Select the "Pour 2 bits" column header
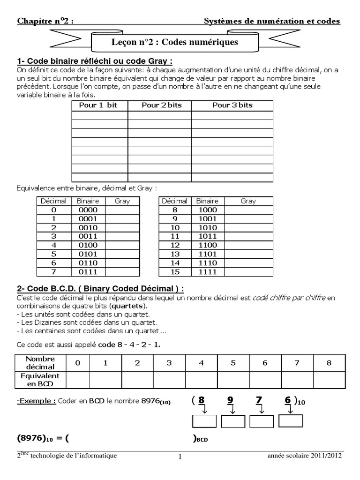point(160,105)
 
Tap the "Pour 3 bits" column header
point(232,105)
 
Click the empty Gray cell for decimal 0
point(122,210)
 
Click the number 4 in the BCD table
point(201,363)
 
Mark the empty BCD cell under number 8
point(330,380)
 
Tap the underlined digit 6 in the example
point(287,400)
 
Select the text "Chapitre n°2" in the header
point(45,21)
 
